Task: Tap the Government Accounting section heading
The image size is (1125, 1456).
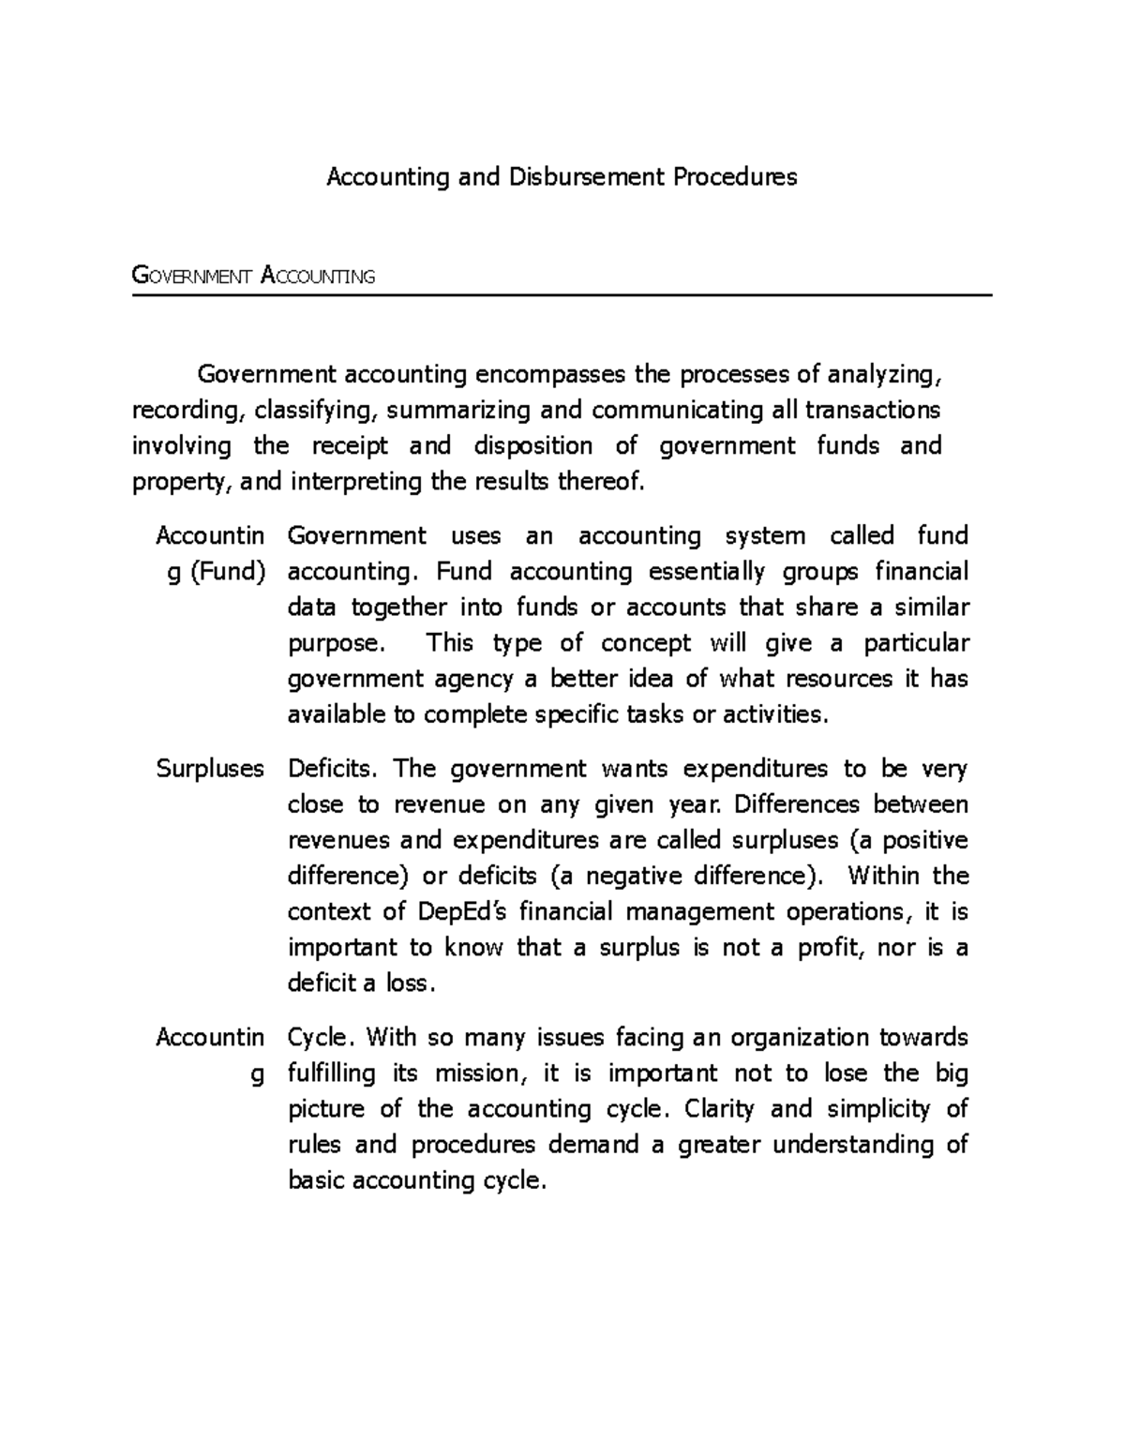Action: [x=253, y=276]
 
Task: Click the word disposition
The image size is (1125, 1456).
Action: [x=532, y=446]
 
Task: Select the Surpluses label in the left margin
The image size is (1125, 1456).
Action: [x=210, y=769]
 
